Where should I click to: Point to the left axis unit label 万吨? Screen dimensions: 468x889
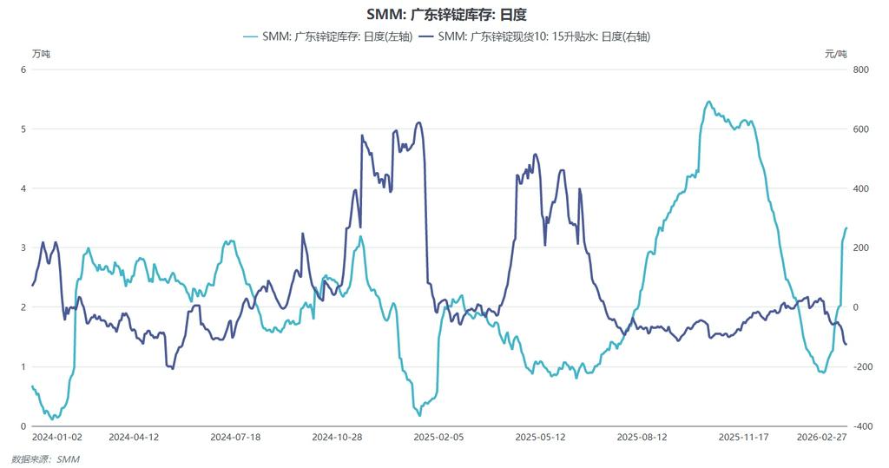pyautogui.click(x=41, y=54)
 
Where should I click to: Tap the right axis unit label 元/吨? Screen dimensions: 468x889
pyautogui.click(x=835, y=54)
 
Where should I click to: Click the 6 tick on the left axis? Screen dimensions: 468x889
pyautogui.click(x=23, y=69)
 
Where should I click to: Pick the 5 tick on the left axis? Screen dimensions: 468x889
pyautogui.click(x=23, y=129)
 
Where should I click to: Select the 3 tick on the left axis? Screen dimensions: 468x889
pyautogui.click(x=23, y=248)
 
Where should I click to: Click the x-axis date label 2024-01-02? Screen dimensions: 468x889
pyautogui.click(x=57, y=438)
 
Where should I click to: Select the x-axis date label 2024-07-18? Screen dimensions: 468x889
pyautogui.click(x=235, y=438)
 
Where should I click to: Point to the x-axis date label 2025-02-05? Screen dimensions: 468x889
pyautogui.click(x=438, y=438)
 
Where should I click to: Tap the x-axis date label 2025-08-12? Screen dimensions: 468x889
pyautogui.click(x=642, y=438)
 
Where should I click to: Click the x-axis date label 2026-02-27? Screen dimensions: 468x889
pyautogui.click(x=821, y=438)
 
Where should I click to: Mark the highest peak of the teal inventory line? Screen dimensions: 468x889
pyautogui.click(x=708, y=102)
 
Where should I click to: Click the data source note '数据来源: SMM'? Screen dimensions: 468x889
pyautogui.click(x=45, y=458)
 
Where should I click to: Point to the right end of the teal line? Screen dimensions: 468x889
pyautogui.click(x=846, y=227)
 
